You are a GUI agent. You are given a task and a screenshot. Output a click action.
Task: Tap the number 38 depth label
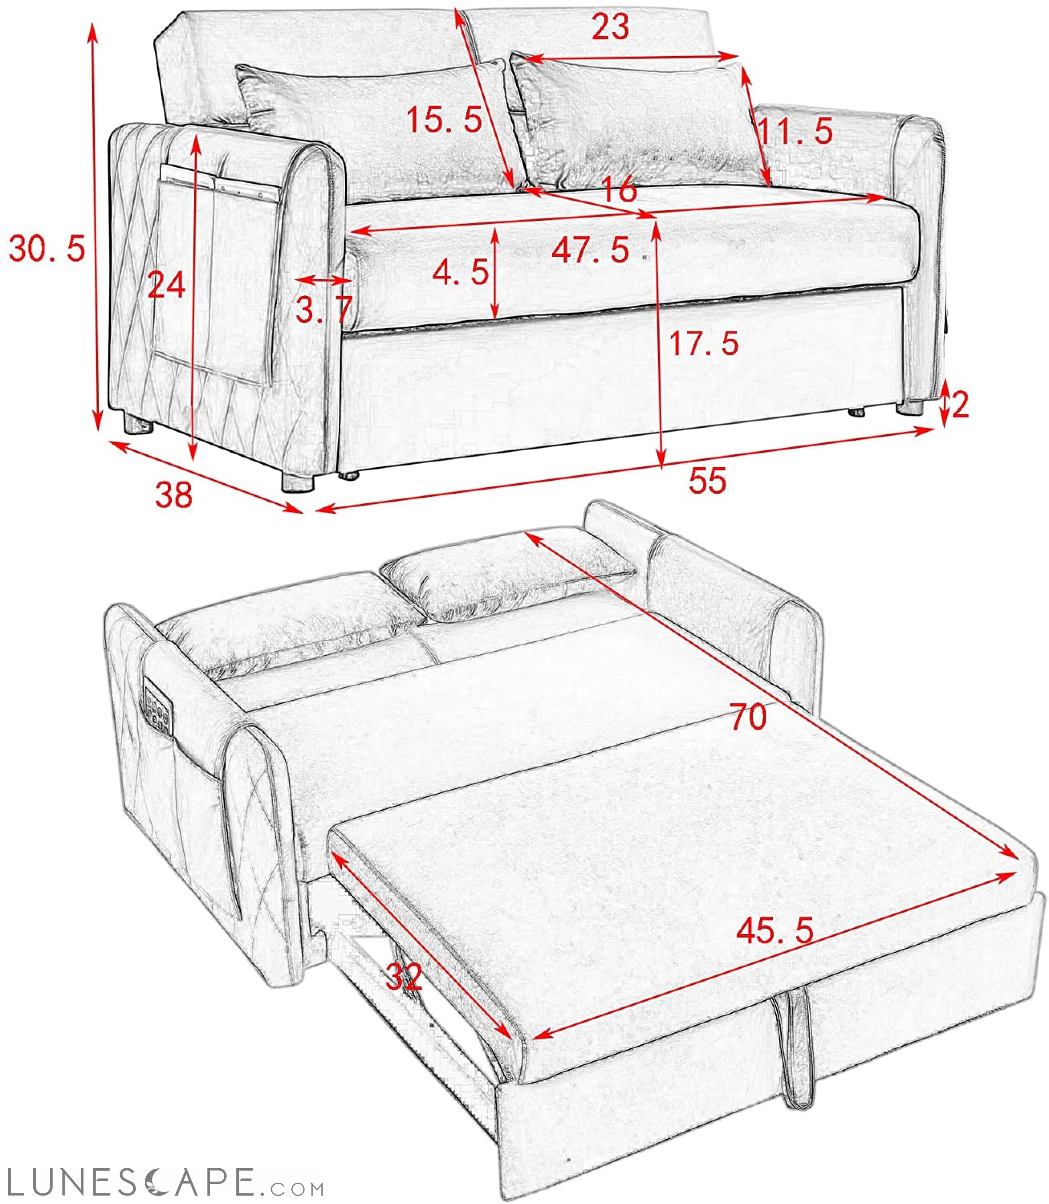[x=173, y=494]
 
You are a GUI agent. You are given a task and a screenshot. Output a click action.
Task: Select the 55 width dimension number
[x=707, y=480]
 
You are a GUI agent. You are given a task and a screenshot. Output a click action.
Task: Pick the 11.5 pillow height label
[x=795, y=132]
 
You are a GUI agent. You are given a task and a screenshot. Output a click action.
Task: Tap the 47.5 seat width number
[x=591, y=250]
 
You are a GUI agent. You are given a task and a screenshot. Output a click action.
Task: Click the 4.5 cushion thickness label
[x=461, y=272]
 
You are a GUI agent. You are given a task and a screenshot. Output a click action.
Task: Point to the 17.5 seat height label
[x=703, y=343]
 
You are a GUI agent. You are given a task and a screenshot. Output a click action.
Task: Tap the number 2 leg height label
[x=960, y=405]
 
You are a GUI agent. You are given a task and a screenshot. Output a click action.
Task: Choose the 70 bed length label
[x=748, y=717]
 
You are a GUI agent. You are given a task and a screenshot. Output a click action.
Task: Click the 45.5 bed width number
[x=775, y=930]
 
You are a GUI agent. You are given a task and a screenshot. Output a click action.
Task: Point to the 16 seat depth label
[x=619, y=190]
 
